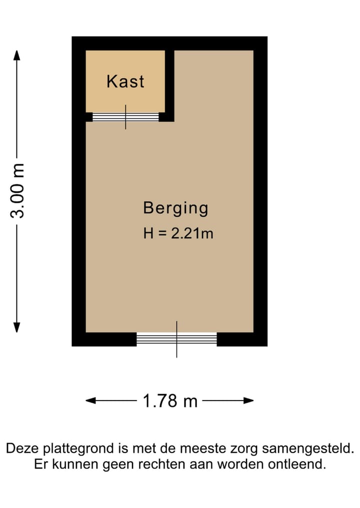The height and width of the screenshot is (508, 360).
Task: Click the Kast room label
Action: point(125,81)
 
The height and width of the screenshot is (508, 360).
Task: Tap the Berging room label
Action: point(175,208)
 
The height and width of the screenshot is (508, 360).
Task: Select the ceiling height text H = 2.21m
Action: point(178,233)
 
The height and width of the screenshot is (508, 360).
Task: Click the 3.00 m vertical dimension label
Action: point(18,190)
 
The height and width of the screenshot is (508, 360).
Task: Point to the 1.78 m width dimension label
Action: point(170,401)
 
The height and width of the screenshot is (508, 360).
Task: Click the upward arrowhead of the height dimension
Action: point(17,54)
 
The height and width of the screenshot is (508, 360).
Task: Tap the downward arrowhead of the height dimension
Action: point(17,327)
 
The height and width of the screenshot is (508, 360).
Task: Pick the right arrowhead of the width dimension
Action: point(248,401)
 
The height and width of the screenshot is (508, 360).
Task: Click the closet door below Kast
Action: point(125,117)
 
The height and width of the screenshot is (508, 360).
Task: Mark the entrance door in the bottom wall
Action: point(176,340)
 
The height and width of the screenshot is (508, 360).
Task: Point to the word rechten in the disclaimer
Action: point(165,464)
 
